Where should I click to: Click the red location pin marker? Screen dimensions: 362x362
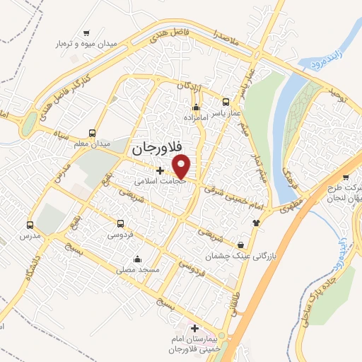point(182,165)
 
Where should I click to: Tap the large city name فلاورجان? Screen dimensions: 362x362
point(157,151)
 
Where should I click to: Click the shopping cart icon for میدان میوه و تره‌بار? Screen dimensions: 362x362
point(86,33)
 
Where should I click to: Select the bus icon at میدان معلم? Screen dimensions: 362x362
point(92,132)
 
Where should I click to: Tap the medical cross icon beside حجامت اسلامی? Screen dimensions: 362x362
point(160,170)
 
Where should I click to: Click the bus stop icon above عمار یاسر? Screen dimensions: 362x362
point(226,101)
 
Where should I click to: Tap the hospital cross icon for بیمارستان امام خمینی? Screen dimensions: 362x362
point(195,328)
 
